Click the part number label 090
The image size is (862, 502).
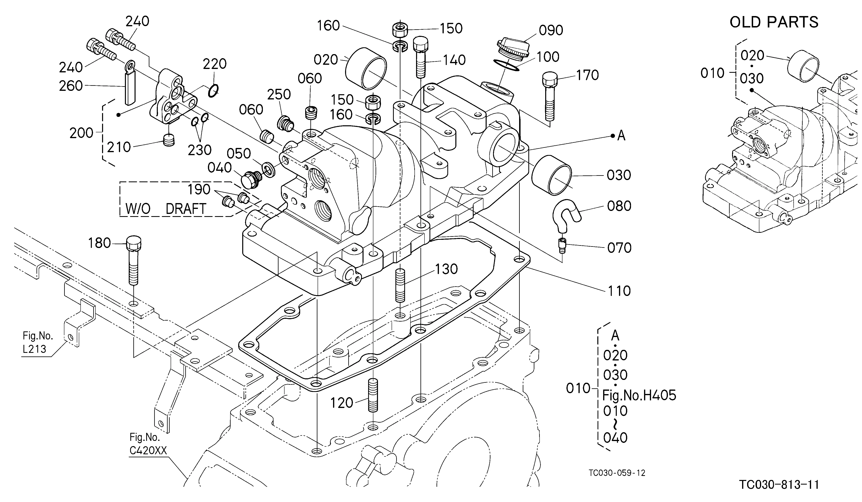pos(551,30)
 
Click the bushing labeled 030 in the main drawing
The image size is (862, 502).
pos(551,175)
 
